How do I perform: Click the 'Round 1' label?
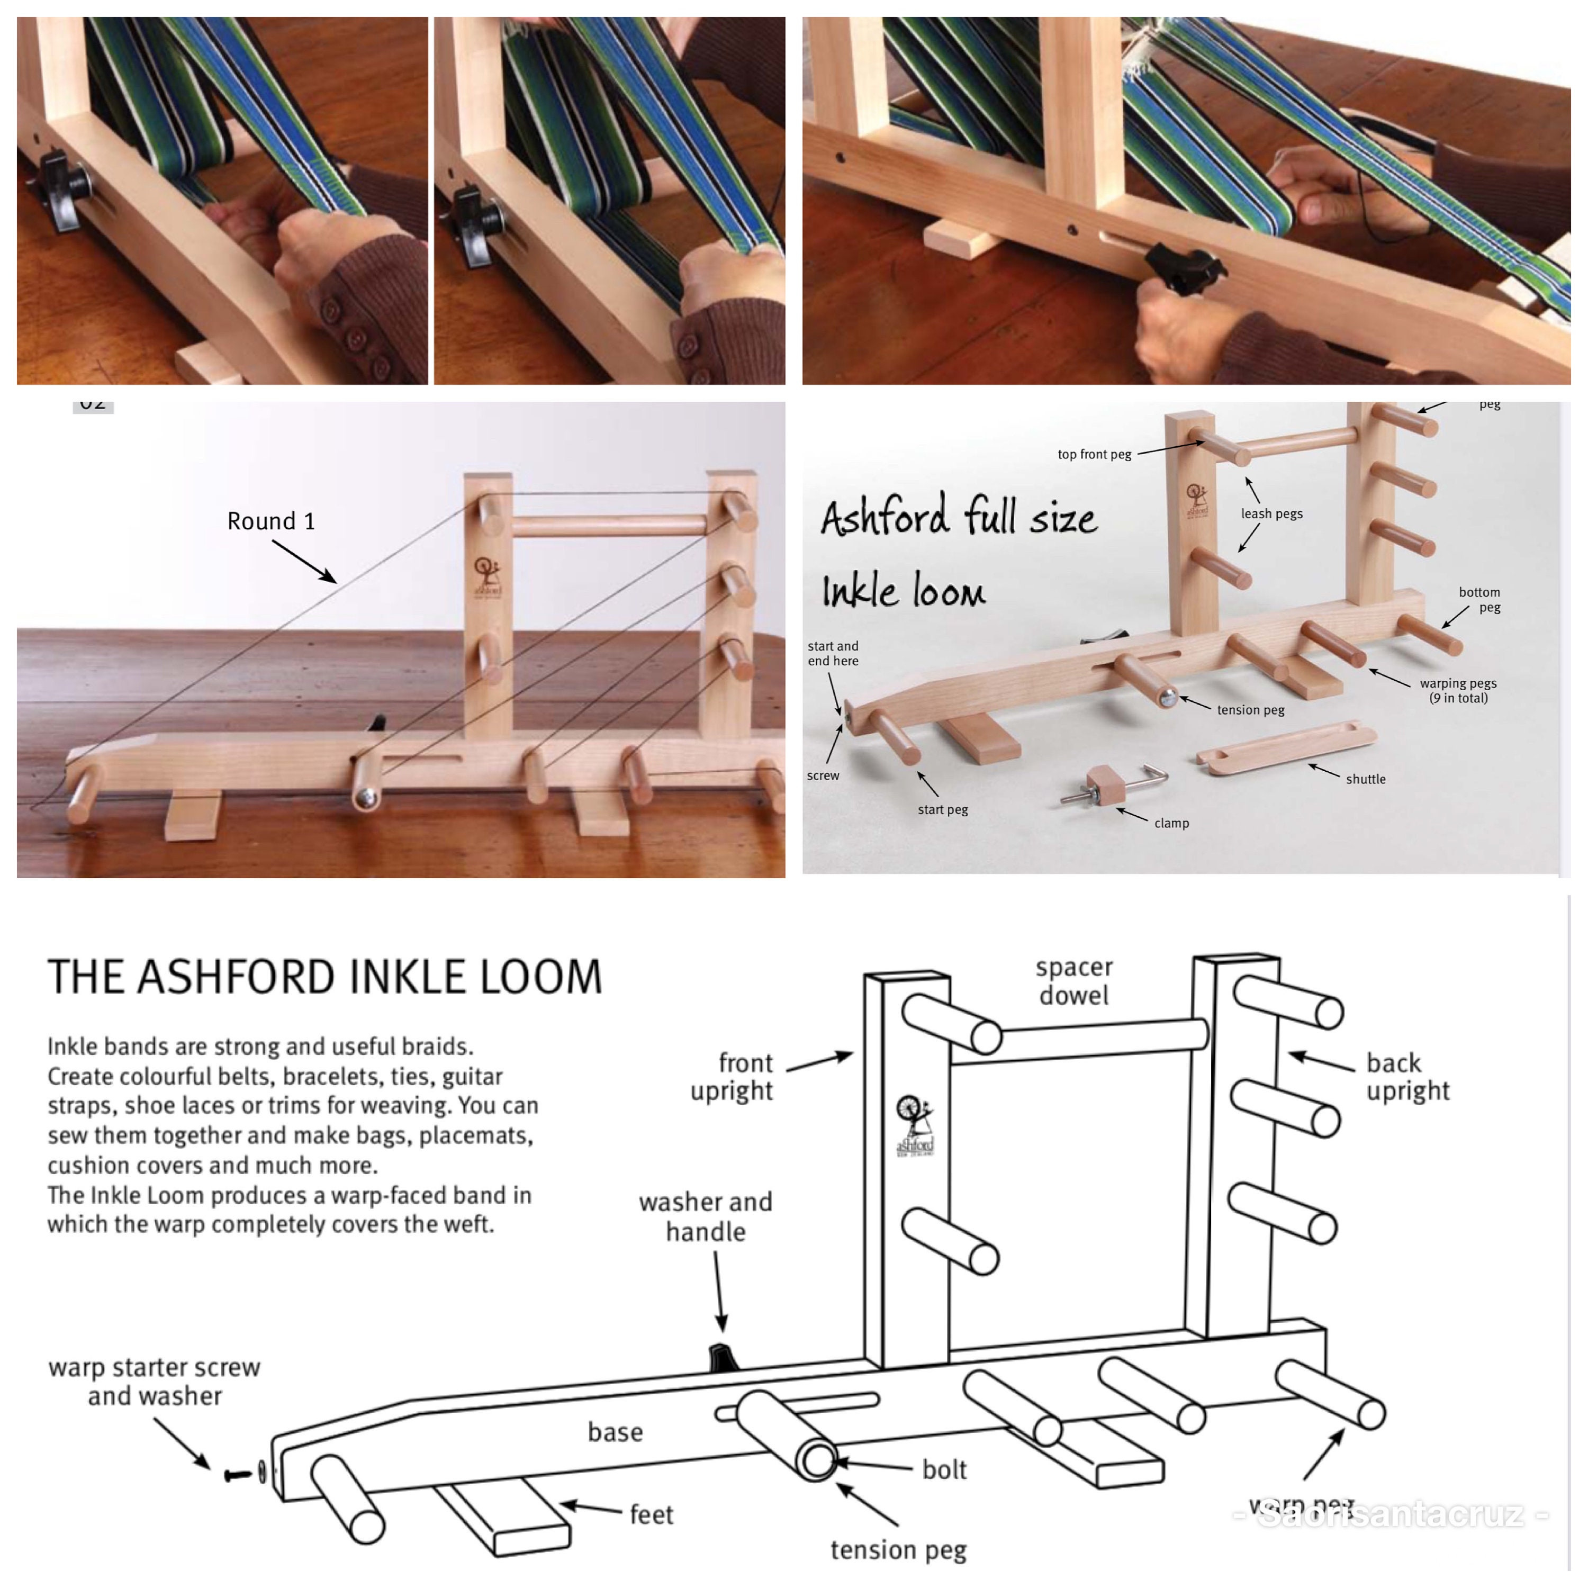[x=270, y=521]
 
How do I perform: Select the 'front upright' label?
[x=732, y=1077]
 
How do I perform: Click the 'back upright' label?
[x=1407, y=1077]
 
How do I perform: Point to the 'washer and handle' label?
[x=705, y=1216]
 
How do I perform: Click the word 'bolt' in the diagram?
[x=944, y=1469]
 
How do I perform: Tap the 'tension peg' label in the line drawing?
[x=898, y=1549]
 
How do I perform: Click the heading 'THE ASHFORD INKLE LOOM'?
[x=324, y=977]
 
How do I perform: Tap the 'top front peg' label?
[x=1094, y=455]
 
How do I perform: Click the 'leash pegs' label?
[x=1271, y=513]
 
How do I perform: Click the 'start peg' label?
[x=942, y=810]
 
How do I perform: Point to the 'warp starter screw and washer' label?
[x=155, y=1382]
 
